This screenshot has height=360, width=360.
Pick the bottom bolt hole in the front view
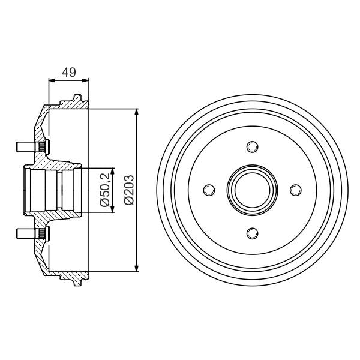click(x=252, y=233)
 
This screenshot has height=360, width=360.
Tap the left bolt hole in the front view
click(x=209, y=190)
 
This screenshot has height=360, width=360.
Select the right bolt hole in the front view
click(x=295, y=190)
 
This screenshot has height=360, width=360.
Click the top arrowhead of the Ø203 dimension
click(x=137, y=113)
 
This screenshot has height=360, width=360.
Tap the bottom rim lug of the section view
click(x=77, y=281)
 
